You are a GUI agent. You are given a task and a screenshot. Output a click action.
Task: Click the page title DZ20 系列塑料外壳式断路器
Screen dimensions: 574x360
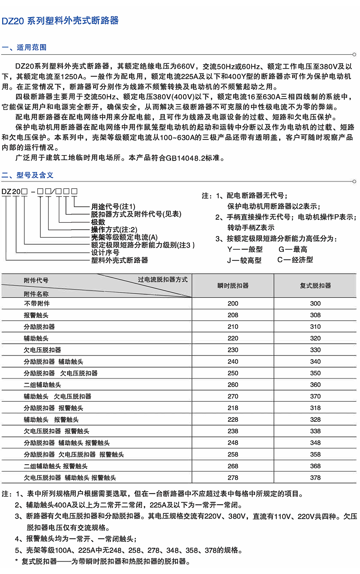pos(60,21)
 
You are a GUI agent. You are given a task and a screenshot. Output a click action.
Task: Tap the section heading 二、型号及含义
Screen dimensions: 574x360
pos(27,175)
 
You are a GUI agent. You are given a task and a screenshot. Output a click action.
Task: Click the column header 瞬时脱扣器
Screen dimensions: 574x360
pos(233,286)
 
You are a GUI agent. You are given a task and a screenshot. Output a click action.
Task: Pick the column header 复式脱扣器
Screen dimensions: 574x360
pos(315,286)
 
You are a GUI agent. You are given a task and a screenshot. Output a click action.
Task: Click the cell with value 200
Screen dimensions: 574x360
pos(233,303)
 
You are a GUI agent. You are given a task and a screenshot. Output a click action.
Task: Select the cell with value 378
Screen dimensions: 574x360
pos(315,478)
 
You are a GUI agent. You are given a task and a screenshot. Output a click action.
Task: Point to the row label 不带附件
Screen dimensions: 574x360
pos(37,303)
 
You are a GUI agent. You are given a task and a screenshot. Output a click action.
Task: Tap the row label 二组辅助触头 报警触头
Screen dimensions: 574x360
pos(56,466)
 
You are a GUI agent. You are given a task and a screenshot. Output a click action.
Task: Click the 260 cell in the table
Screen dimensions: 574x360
pos(233,385)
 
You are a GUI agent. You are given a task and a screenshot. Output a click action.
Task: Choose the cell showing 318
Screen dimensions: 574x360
pos(315,408)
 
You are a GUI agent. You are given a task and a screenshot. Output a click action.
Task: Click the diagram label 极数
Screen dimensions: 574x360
pos(98,222)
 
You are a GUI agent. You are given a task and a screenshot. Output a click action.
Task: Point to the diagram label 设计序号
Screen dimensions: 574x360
pos(105,253)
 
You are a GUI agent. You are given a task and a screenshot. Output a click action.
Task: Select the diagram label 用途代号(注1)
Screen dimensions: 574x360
pos(113,207)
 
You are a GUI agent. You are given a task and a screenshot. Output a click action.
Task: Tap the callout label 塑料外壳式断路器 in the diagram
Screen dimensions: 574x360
pos(119,260)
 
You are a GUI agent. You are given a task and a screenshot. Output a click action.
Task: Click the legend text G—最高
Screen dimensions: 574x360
pos(293,249)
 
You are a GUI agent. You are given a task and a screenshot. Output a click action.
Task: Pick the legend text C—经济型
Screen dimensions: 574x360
pos(295,260)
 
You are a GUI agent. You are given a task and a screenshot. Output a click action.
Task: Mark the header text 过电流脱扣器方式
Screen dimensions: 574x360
pos(163,280)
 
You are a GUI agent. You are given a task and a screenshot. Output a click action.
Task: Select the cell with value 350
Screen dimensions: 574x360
pos(315,373)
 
